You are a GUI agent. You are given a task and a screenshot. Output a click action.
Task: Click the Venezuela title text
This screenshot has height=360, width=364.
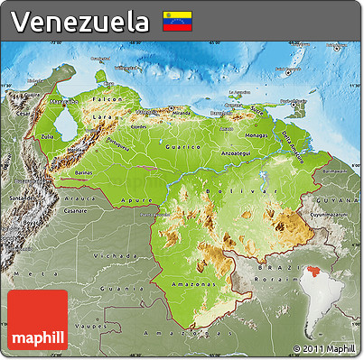click(x=80, y=21)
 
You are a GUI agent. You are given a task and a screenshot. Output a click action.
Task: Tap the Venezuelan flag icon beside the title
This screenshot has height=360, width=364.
click(x=175, y=21)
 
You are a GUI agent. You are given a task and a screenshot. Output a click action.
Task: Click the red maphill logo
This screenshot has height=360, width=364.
click(x=37, y=321)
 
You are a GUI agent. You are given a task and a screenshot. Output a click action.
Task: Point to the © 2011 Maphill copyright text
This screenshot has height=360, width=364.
click(x=324, y=348)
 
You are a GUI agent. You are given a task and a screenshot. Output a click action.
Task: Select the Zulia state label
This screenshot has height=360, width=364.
click(x=48, y=137)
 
